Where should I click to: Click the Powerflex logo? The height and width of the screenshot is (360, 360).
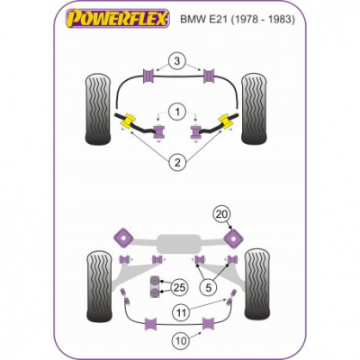118,18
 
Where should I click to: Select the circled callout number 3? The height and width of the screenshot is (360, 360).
177,61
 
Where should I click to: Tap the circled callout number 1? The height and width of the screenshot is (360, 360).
177,112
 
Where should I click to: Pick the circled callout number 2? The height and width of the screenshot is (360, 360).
177,163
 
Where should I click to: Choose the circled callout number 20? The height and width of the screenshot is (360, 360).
222,214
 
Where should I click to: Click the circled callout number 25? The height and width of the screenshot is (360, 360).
179,287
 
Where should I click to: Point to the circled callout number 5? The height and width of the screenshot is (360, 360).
209,287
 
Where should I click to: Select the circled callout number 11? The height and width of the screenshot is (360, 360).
182,313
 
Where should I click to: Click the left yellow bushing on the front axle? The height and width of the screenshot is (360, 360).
128,121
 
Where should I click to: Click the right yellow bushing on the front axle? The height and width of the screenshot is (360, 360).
227,121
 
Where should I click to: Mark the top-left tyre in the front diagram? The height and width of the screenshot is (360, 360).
98,109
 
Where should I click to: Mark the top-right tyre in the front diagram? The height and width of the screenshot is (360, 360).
254,108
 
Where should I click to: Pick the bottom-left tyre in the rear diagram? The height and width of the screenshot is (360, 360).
100,286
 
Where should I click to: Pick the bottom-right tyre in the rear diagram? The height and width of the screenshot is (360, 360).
257,283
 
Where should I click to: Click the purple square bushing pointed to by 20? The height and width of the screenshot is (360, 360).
233,238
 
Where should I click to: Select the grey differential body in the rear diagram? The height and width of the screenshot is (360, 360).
178,243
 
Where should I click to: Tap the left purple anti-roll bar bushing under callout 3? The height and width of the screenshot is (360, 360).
148,76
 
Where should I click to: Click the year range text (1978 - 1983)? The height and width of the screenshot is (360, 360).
263,20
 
